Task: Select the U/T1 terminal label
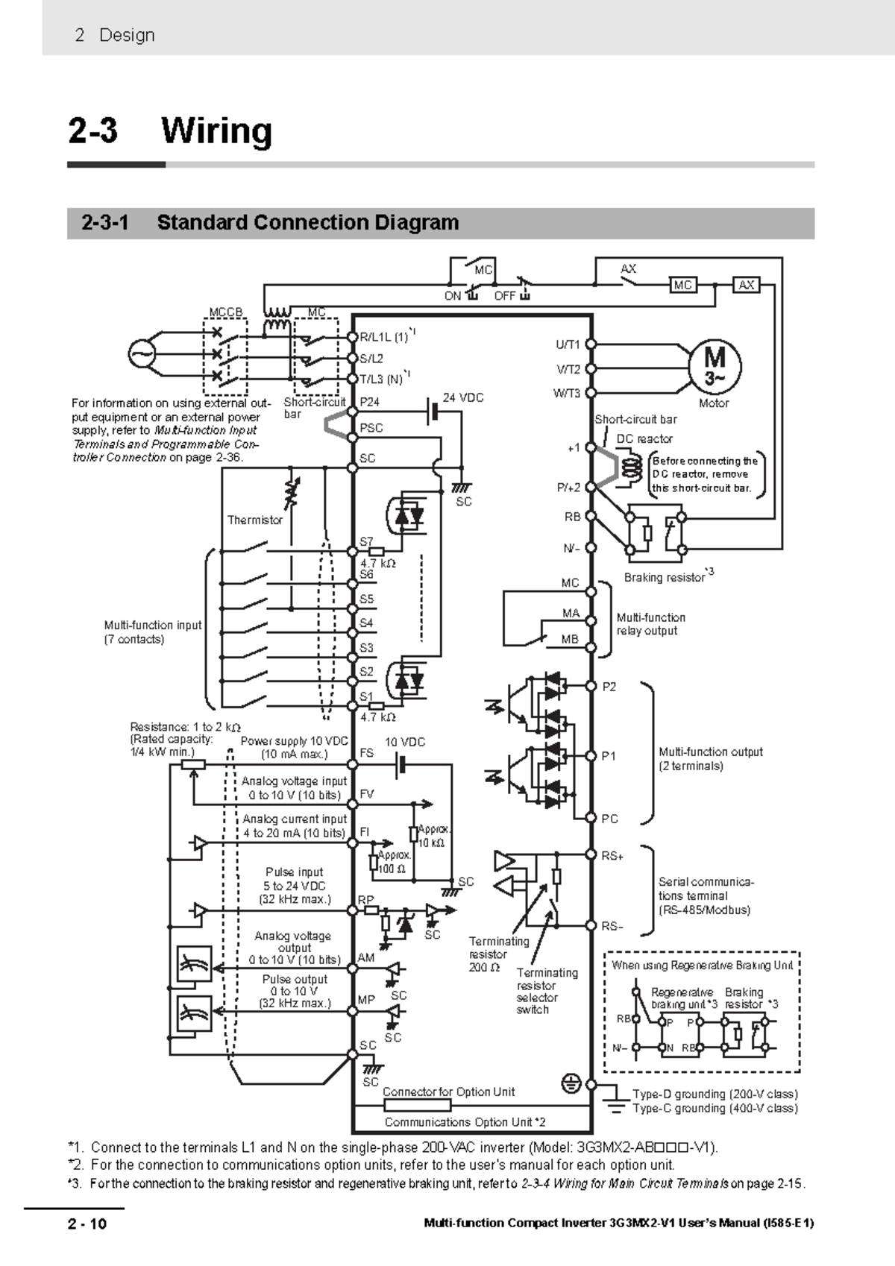568,344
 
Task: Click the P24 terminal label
370,402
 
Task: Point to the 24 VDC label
463,398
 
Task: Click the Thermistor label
254,520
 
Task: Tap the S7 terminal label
366,541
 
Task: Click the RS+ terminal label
612,856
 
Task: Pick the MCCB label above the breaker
225,312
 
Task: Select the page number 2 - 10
87,1224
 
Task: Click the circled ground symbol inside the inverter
571,1083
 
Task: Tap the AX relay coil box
747,285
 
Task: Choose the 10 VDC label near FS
405,742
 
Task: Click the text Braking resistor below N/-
665,577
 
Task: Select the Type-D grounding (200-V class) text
715,1095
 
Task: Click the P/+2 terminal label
569,487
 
